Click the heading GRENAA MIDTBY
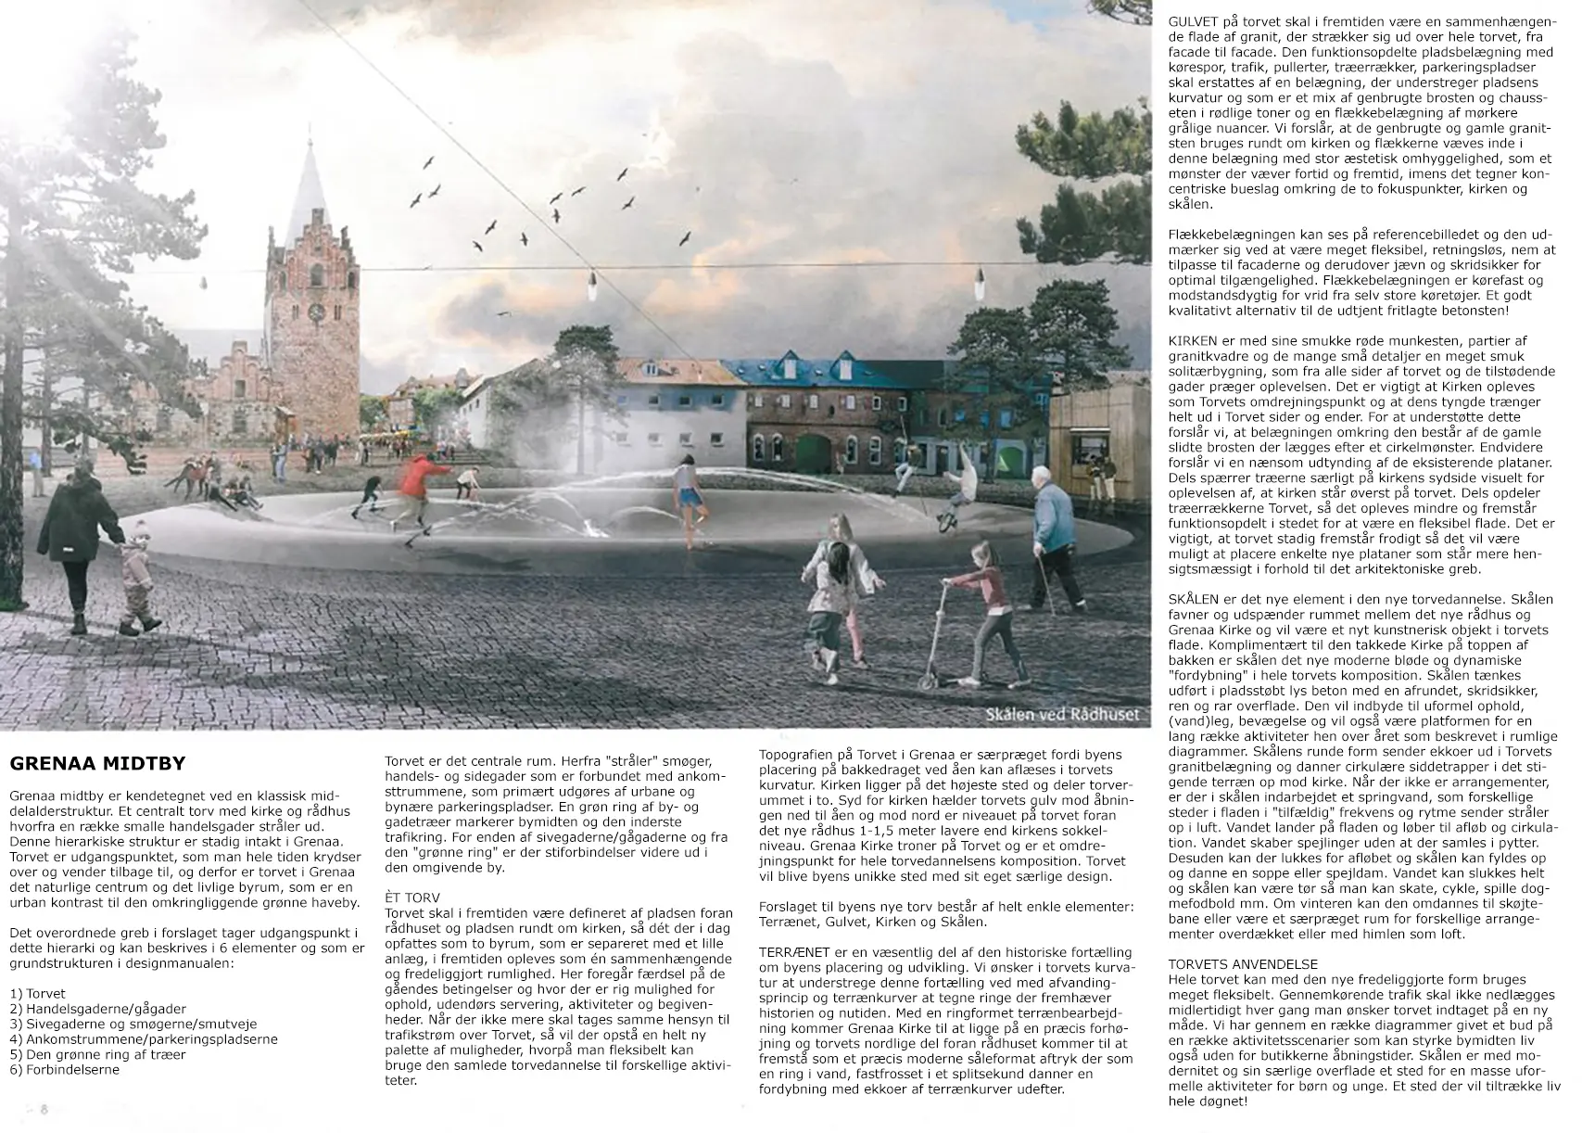(97, 764)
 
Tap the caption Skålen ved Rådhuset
(1062, 714)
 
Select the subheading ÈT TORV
(414, 899)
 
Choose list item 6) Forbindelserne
(64, 1069)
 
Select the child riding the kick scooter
(983, 612)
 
